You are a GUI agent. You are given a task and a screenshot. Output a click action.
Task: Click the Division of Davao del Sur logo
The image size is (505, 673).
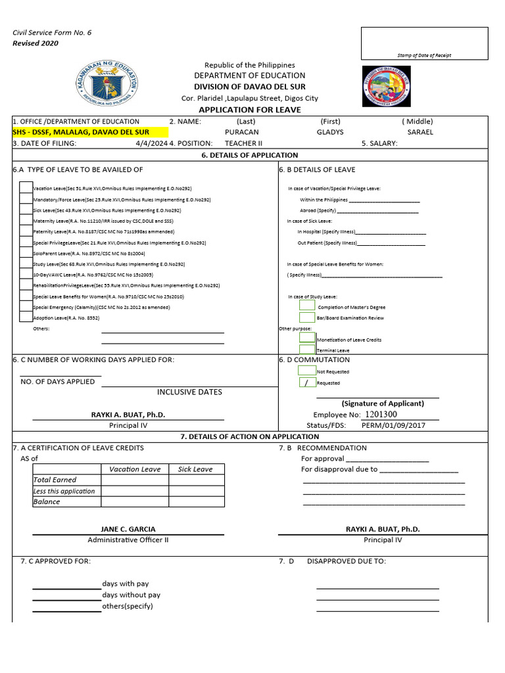386,85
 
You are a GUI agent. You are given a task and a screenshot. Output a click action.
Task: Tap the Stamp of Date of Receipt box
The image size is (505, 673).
424,43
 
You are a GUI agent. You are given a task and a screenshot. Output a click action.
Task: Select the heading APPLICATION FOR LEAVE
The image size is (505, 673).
249,110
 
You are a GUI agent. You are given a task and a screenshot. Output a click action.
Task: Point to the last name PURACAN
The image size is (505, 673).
242,132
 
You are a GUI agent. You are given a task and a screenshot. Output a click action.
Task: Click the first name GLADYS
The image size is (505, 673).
330,132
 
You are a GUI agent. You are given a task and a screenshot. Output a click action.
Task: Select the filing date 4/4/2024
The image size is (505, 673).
151,143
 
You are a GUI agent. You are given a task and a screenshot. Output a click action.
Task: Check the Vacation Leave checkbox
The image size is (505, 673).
26,188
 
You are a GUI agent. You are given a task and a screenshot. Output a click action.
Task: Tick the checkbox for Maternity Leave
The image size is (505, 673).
26,221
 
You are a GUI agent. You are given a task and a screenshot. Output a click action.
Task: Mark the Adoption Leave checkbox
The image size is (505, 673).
26,317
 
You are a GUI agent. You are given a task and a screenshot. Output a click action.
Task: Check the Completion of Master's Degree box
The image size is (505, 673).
307,306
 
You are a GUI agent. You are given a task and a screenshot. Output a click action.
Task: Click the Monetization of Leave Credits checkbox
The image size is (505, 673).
307,338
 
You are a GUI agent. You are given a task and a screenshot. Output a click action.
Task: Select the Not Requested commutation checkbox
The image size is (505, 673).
307,371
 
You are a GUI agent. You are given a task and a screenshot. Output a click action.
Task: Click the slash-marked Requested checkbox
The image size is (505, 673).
307,383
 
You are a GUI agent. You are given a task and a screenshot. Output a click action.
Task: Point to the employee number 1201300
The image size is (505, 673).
381,415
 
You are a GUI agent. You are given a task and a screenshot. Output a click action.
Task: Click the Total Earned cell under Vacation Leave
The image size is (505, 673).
134,480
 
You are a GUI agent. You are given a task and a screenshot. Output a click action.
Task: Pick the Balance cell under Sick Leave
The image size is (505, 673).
195,501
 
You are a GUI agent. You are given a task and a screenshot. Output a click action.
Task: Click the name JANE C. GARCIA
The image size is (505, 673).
128,529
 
